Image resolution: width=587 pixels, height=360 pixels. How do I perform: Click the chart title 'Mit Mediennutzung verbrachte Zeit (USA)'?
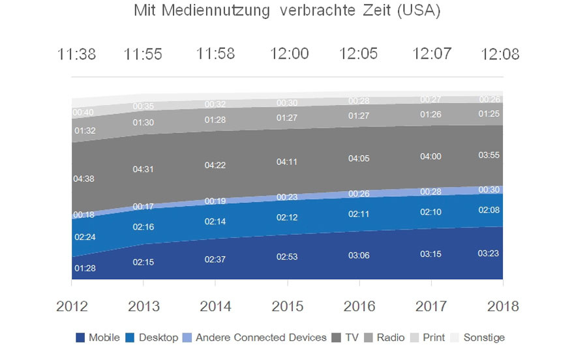287,12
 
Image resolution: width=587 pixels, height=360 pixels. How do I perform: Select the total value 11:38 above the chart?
76,54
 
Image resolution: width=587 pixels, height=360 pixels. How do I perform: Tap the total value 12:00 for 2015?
289,53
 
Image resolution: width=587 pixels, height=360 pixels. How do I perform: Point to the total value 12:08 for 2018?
500,54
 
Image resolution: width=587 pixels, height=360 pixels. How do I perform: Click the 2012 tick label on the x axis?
72,306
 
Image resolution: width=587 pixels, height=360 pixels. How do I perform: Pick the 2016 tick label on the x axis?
359,306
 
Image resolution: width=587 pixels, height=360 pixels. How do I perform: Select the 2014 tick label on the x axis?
215,306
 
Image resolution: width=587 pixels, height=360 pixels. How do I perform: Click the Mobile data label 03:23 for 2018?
489,252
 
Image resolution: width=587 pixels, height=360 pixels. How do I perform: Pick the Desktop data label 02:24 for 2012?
84,237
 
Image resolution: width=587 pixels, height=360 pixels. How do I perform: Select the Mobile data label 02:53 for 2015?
287,257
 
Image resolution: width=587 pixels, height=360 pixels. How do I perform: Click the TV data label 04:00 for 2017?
430,157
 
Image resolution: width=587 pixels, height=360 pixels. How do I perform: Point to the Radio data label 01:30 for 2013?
143,123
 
